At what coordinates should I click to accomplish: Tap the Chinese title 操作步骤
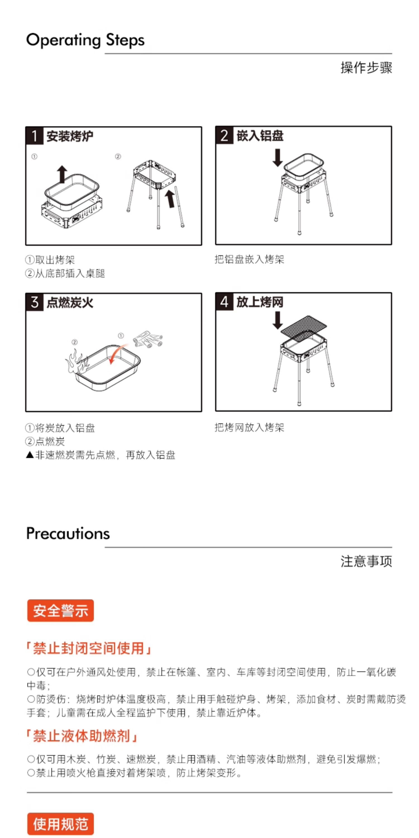click(366, 68)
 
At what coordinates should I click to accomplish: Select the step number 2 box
click(224, 135)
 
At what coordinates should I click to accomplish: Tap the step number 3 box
click(34, 302)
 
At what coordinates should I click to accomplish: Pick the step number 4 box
click(224, 302)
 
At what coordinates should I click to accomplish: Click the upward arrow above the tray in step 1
click(62, 174)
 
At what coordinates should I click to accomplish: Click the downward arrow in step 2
click(277, 158)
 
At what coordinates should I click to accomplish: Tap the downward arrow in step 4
click(277, 320)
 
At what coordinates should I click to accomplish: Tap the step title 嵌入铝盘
click(260, 135)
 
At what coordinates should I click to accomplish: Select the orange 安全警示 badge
click(61, 611)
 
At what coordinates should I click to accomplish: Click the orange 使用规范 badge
click(61, 824)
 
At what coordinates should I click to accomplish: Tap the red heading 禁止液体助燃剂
click(82, 736)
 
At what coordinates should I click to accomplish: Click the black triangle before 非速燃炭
click(30, 455)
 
